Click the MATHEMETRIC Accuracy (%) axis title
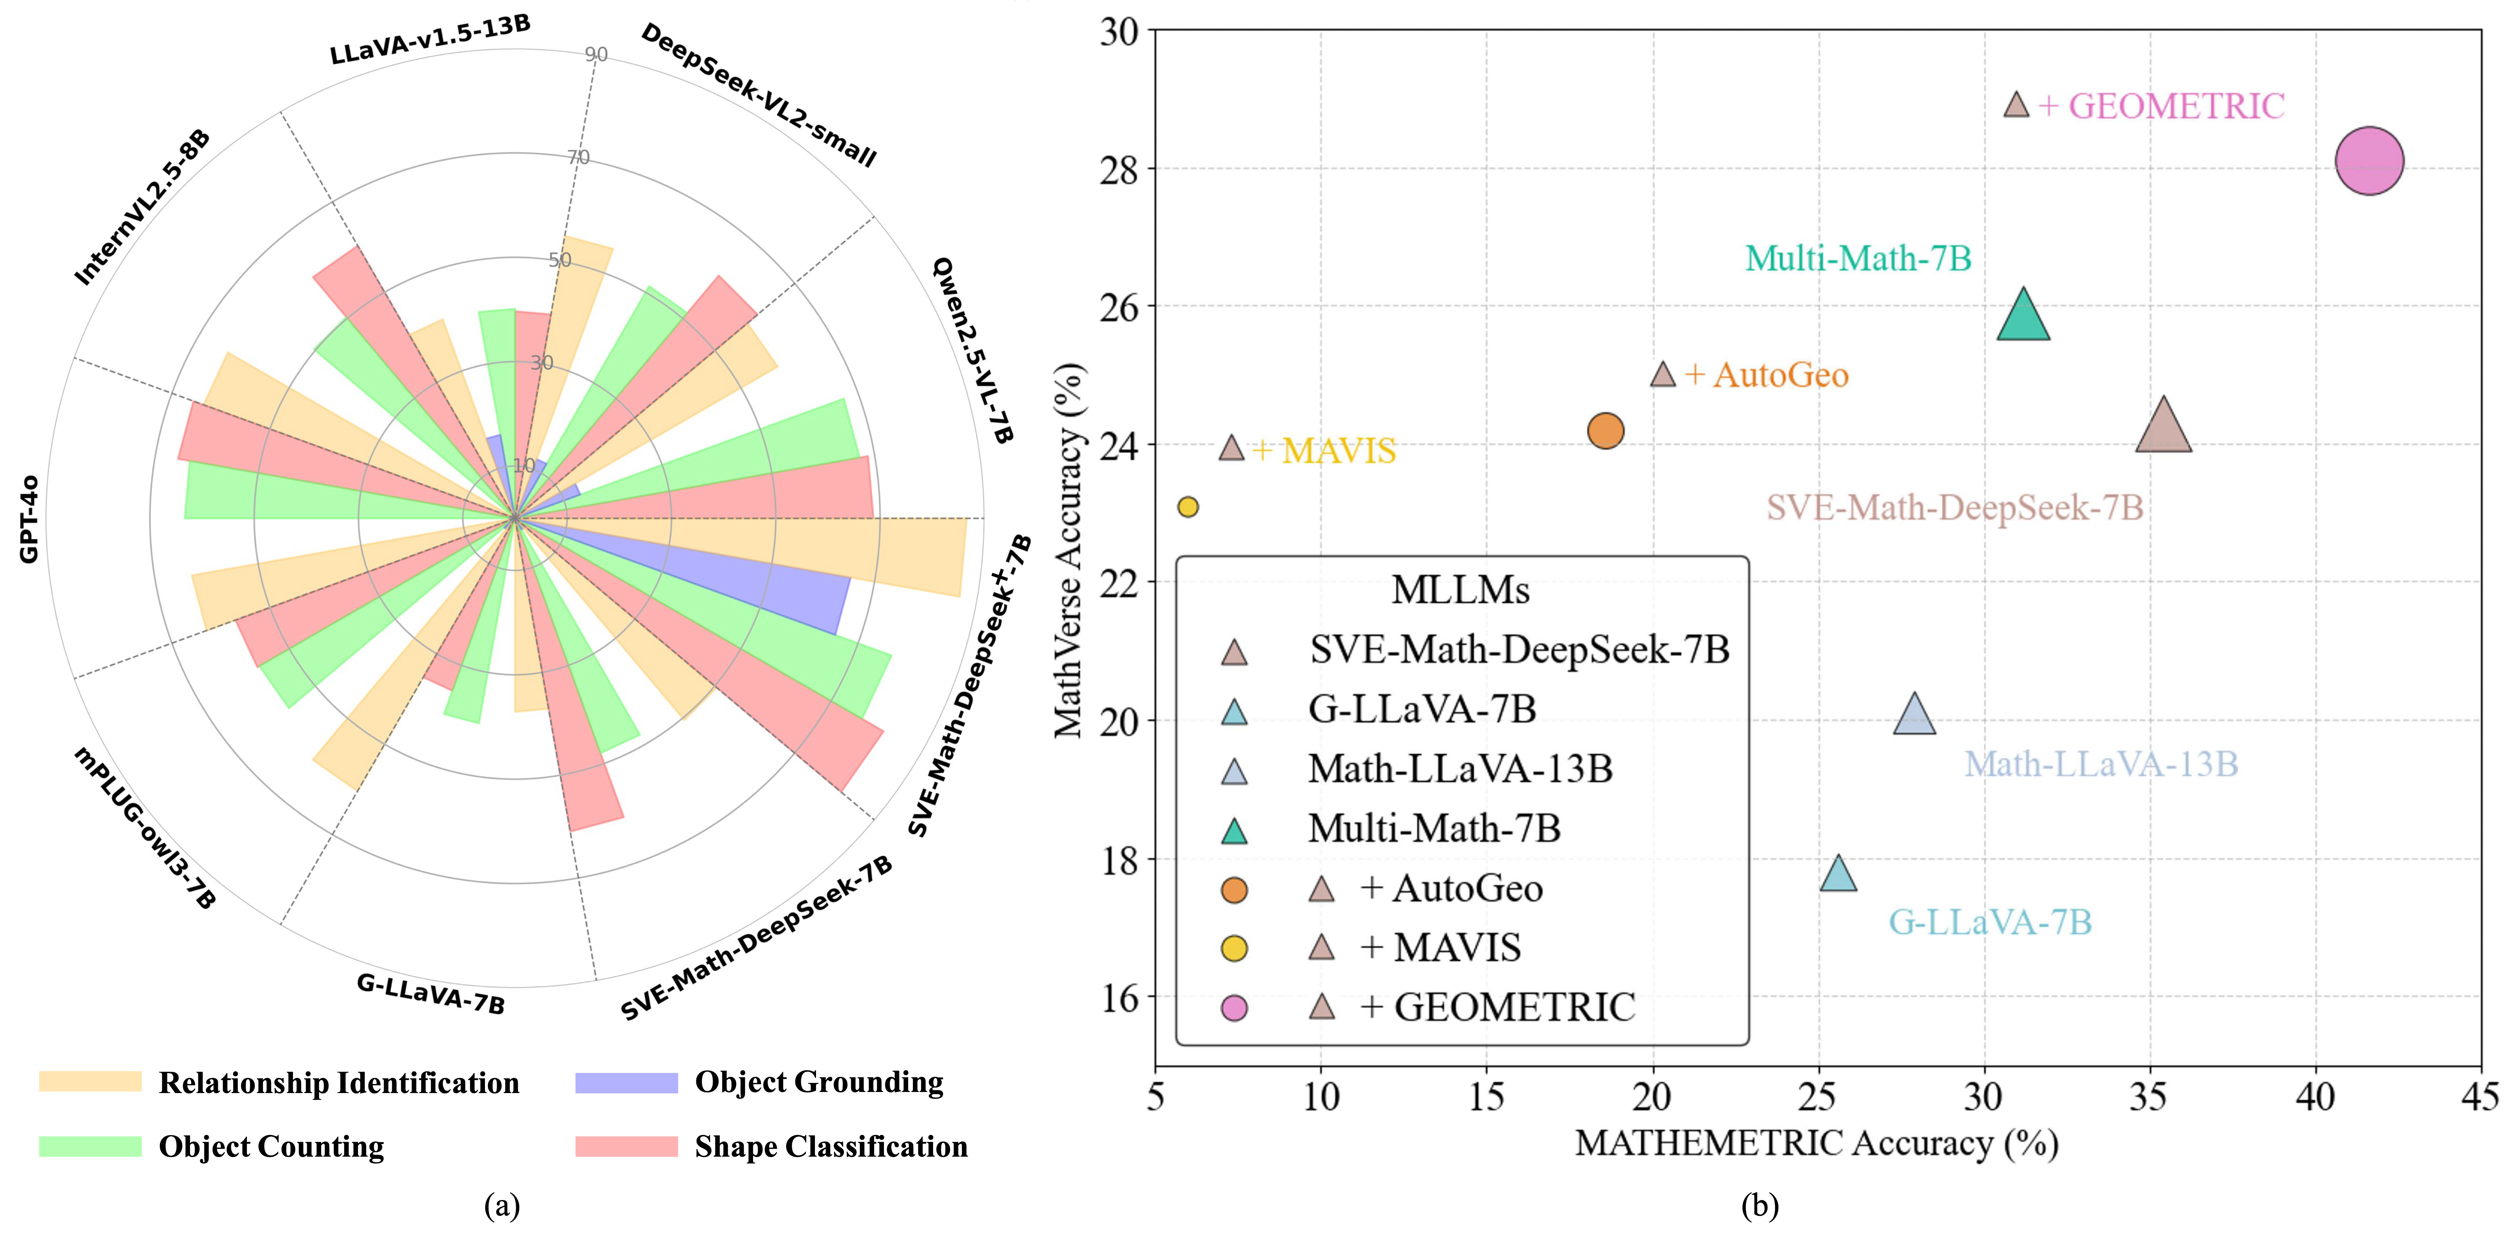click(x=1817, y=1143)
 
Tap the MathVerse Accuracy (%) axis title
click(x=1069, y=550)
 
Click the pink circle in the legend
click(x=1235, y=1007)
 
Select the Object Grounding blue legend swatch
click(x=626, y=1082)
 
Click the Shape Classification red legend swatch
click(x=626, y=1146)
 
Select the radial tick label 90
click(x=596, y=55)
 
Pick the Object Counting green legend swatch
click(x=90, y=1146)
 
